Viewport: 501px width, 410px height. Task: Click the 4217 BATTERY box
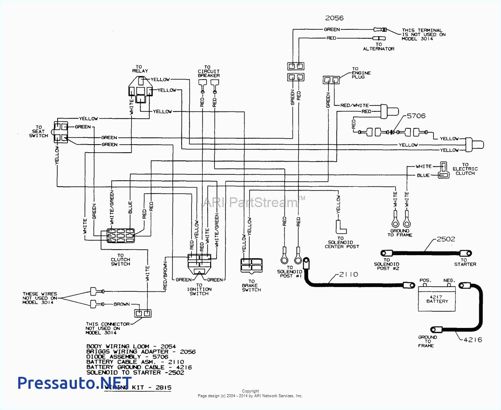point(437,299)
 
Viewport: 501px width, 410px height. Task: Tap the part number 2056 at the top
point(334,18)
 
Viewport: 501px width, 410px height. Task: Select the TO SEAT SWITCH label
point(39,131)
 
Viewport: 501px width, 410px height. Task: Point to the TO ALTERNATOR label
point(378,46)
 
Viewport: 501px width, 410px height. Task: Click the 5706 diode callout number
point(416,116)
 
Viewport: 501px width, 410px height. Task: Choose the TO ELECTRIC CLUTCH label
point(465,169)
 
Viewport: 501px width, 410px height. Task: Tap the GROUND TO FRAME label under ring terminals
point(400,233)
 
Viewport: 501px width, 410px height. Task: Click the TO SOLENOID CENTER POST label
point(341,242)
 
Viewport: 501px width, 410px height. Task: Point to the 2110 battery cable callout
point(349,274)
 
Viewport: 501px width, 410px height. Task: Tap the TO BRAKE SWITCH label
point(251,285)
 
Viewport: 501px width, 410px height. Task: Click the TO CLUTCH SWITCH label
point(120,259)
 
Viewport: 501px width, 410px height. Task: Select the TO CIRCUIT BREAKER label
point(208,71)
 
